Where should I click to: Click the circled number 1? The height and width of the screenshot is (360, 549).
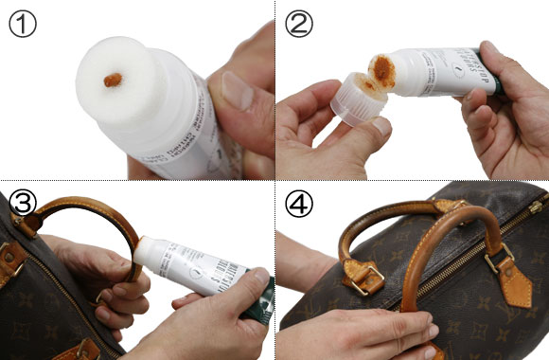click(22, 24)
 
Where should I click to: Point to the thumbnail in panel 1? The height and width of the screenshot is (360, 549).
click(236, 91)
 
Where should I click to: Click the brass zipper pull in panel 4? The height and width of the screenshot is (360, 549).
click(536, 206)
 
